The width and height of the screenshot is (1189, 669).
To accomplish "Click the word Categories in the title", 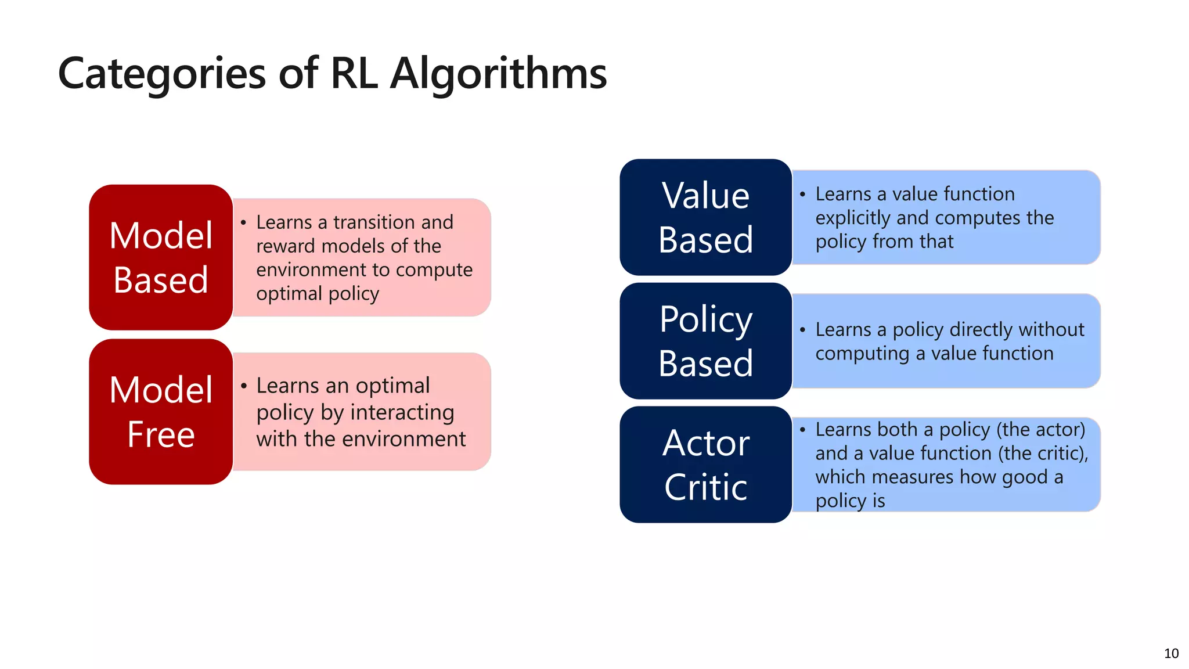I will (162, 74).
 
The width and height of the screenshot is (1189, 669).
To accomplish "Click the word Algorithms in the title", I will (498, 74).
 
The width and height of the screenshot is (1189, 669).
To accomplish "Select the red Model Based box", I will (161, 257).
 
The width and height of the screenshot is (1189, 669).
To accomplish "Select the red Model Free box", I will (161, 412).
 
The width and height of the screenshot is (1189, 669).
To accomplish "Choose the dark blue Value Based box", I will (705, 217).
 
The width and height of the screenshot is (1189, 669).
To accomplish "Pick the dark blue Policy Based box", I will (705, 341).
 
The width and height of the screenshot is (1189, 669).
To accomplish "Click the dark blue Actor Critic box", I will (705, 465).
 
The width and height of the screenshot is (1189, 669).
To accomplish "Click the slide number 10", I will (1171, 653).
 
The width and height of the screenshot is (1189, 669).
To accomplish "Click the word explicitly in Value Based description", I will (853, 218).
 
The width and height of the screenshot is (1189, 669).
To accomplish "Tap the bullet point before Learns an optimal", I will (244, 386).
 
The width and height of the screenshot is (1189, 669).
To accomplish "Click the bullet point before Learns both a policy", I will (803, 430).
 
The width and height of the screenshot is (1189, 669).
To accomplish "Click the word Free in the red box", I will (161, 434).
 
